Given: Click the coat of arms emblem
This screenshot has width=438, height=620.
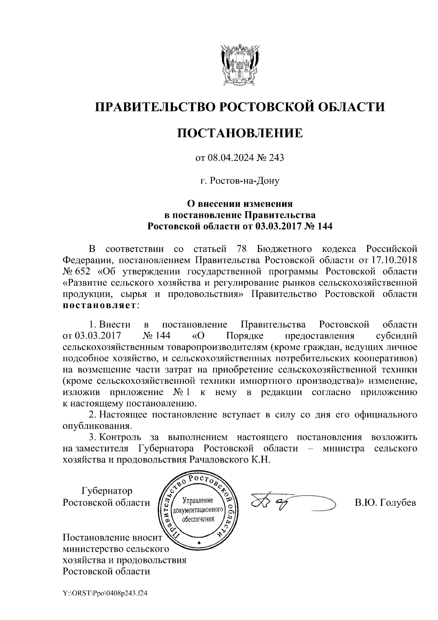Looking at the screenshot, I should pyautogui.click(x=240, y=65).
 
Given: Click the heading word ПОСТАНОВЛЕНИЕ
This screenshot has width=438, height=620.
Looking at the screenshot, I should pyautogui.click(x=240, y=133).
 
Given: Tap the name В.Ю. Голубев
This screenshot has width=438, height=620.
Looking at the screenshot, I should pyautogui.click(x=385, y=503).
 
